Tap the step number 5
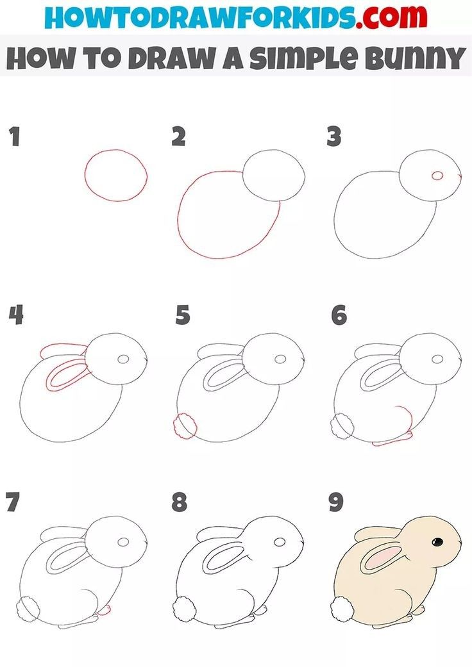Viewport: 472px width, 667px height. pos(183,315)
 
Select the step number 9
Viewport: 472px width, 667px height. pos(336,502)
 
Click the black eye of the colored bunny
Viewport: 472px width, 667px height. pos(437,542)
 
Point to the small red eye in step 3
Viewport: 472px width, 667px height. pos(438,176)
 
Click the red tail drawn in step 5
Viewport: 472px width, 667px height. pos(185,425)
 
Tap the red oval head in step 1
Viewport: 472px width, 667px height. pos(115,174)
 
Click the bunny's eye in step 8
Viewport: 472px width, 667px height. pos(280,542)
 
